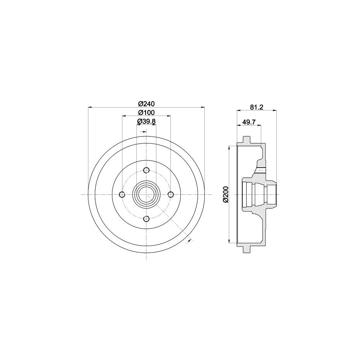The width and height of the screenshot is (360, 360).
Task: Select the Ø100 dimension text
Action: (x=146, y=112)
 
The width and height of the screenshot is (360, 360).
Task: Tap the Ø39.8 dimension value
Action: (x=146, y=121)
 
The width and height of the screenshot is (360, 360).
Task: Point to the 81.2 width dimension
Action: (x=256, y=107)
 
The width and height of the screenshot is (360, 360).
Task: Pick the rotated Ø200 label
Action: (x=226, y=195)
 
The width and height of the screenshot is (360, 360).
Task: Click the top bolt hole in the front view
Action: (x=146, y=170)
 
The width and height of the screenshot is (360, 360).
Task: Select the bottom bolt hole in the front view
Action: (x=146, y=218)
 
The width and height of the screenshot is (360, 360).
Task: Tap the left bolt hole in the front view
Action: (x=122, y=194)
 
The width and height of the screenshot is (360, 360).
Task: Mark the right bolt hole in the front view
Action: (x=171, y=194)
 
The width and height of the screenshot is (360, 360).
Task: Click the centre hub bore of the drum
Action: (x=146, y=194)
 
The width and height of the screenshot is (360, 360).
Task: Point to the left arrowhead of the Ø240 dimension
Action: (x=90, y=107)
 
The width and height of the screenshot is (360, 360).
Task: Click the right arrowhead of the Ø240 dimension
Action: (x=203, y=107)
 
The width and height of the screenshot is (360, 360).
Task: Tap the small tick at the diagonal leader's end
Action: (x=189, y=240)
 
